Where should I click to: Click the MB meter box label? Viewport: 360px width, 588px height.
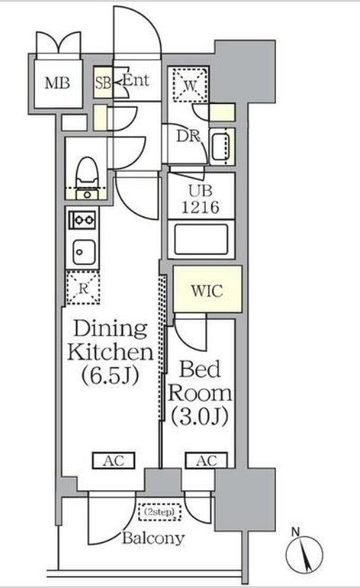point(58,83)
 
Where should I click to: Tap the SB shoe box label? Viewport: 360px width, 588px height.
point(102,83)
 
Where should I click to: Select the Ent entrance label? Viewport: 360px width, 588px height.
point(137,80)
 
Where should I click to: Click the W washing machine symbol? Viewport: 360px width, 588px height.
point(190,85)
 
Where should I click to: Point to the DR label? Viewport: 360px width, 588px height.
point(189,136)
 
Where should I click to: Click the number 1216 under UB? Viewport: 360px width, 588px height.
point(201,207)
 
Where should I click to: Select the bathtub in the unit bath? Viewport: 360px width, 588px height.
point(201,239)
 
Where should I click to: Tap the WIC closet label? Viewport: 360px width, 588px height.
point(207,290)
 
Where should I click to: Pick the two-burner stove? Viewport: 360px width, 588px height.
point(83,219)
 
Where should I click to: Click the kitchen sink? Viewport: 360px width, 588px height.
point(83,252)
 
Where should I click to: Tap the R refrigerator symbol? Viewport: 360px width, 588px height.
point(83,288)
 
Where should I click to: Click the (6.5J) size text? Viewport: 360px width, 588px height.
point(111,375)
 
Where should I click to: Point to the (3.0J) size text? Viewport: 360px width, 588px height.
point(200,416)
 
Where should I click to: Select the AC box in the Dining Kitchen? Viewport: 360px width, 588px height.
point(114,461)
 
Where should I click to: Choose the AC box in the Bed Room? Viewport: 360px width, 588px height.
point(206,461)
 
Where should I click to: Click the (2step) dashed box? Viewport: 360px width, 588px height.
point(159,512)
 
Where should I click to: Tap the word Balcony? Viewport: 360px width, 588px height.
point(154,538)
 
